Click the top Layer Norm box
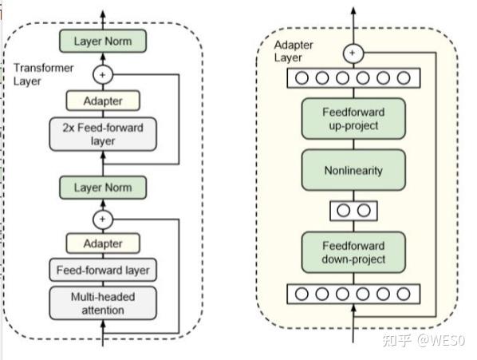(103, 41)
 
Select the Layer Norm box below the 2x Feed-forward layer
(103, 188)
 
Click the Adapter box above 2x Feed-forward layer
(103, 101)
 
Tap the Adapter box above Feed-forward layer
(103, 243)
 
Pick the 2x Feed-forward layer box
(103, 134)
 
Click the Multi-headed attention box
(103, 303)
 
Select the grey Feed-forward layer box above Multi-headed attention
(103, 270)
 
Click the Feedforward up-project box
(353, 119)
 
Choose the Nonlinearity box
(353, 171)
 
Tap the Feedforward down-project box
(353, 252)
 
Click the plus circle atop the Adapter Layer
(353, 53)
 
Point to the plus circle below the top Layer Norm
(103, 74)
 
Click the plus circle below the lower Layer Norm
(103, 218)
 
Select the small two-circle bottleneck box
(353, 211)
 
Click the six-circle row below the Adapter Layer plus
(353, 78)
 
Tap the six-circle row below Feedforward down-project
(353, 294)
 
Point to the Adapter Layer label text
(294, 51)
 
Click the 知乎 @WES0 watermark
(423, 341)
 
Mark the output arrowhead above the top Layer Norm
(103, 15)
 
